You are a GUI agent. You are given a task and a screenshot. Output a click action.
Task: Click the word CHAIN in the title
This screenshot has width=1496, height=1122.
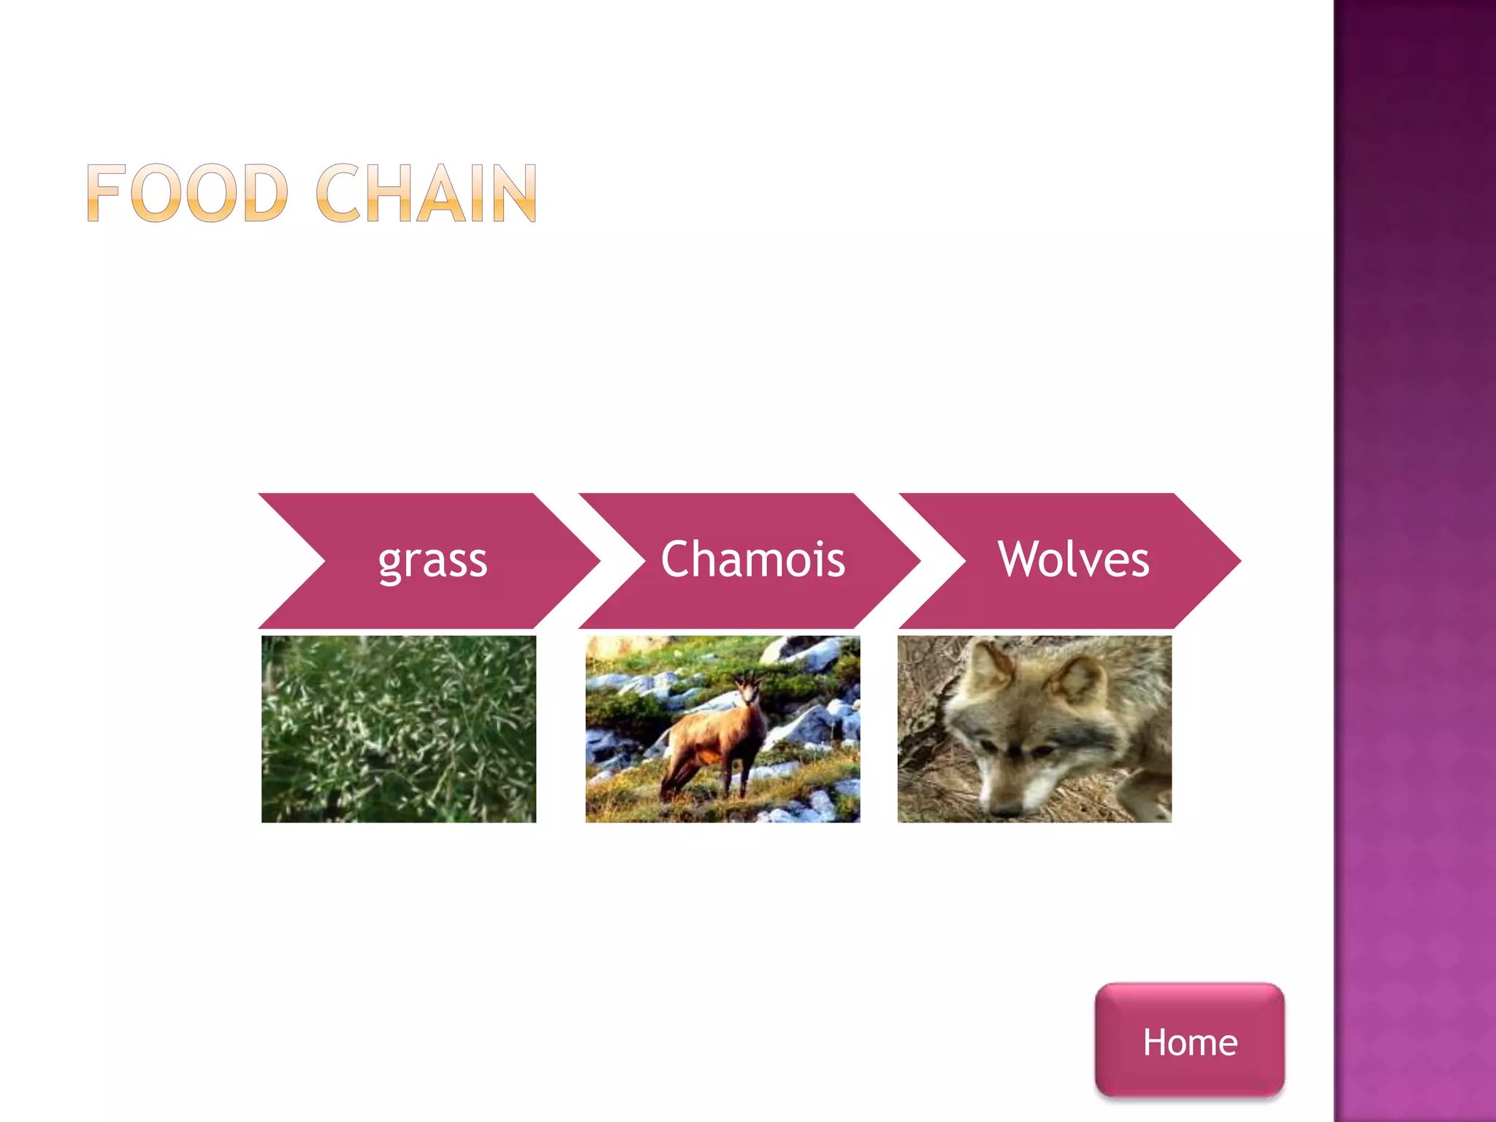tap(427, 193)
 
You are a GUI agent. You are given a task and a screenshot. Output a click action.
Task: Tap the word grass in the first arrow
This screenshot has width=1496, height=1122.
tap(432, 561)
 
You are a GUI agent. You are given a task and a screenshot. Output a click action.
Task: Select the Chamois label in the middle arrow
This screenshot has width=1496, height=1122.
tap(752, 560)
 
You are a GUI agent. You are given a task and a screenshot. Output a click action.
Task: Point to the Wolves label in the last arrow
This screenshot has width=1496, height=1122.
tap(1073, 560)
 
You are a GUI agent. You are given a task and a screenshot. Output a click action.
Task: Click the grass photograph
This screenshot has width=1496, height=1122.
tap(399, 729)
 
